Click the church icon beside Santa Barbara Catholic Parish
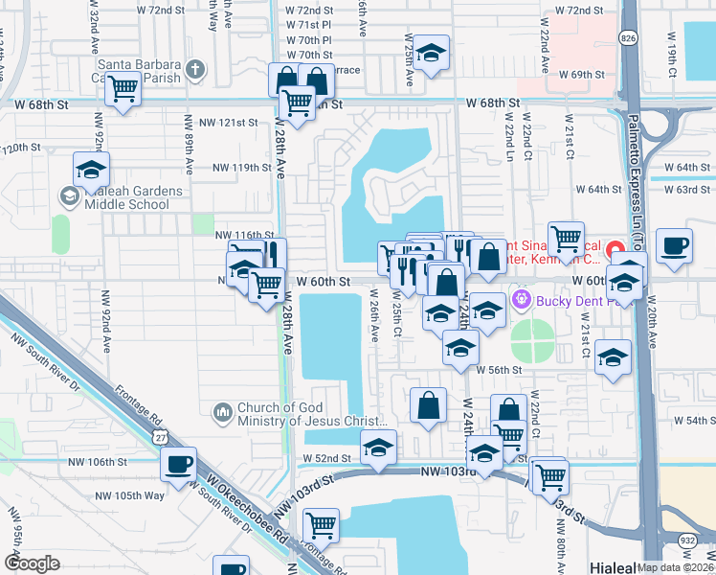195,69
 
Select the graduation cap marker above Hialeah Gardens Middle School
91,171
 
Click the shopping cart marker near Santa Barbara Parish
123,89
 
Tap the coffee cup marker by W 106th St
178,465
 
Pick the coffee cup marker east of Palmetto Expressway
675,245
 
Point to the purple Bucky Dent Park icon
522,299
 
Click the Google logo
32,563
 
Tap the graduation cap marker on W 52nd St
379,448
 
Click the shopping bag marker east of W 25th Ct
428,405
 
